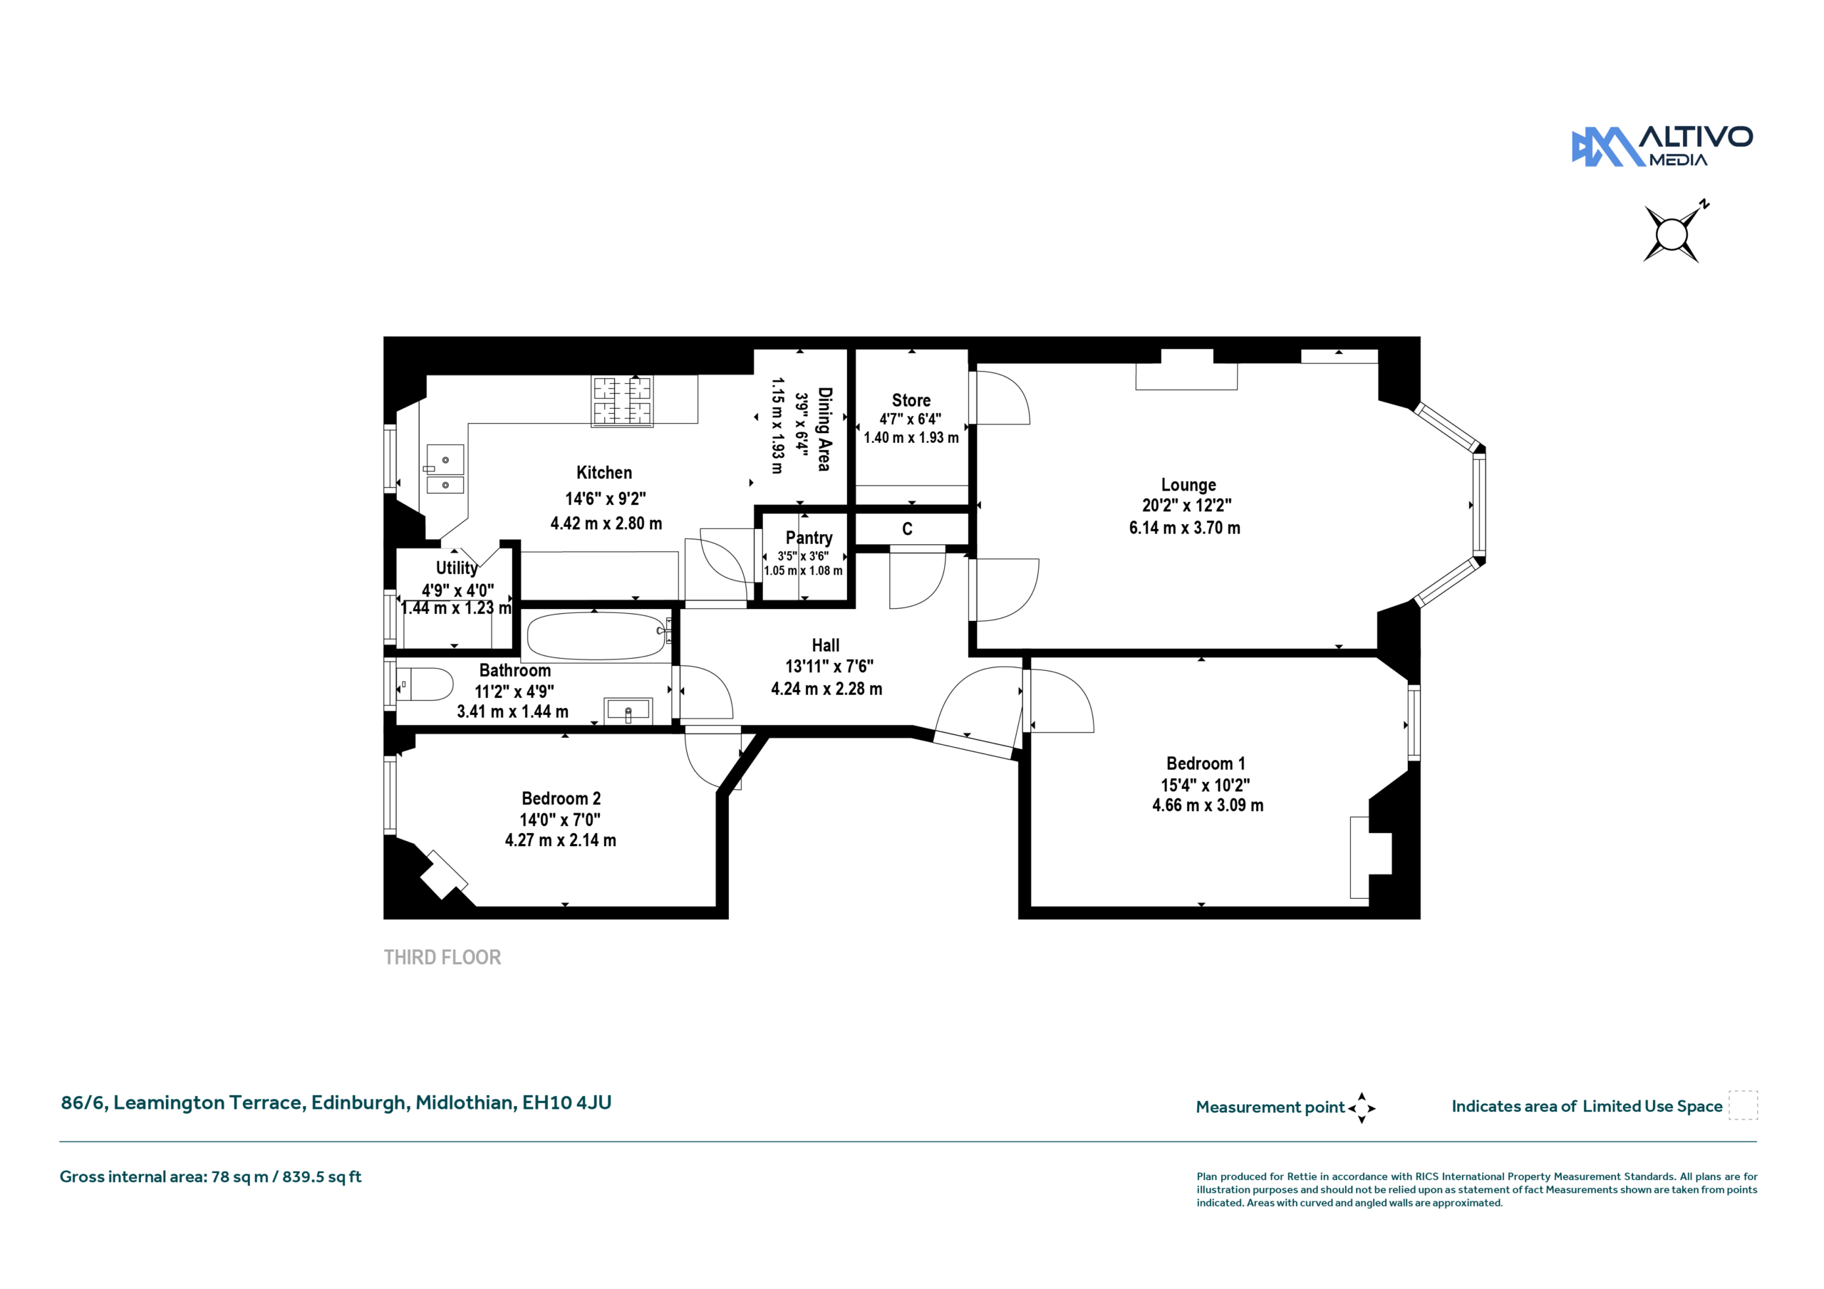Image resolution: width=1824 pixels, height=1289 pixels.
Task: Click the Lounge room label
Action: [1188, 484]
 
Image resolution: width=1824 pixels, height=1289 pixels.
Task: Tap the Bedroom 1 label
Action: [1205, 763]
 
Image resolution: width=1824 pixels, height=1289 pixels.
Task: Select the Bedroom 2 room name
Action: [561, 798]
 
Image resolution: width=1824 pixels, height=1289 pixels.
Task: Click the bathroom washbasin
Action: [628, 710]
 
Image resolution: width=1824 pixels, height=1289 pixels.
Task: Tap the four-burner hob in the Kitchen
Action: [622, 401]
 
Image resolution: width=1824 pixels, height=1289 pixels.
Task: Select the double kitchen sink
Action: [445, 469]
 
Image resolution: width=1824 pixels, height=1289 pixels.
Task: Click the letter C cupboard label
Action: [907, 529]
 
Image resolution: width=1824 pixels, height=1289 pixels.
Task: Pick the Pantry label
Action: [809, 538]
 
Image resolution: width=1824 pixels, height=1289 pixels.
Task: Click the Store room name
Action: [911, 400]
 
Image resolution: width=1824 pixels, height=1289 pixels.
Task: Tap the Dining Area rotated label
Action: [824, 429]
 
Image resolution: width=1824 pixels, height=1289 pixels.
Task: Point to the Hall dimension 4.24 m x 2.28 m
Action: [826, 689]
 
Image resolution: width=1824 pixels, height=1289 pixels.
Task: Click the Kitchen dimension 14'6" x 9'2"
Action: [606, 499]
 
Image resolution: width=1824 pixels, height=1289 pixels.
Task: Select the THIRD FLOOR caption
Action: [442, 957]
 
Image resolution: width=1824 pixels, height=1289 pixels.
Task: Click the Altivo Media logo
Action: [1662, 146]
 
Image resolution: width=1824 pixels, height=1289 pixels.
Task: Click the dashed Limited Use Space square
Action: [1743, 1105]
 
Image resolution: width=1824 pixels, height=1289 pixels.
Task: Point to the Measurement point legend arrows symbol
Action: [1362, 1108]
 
